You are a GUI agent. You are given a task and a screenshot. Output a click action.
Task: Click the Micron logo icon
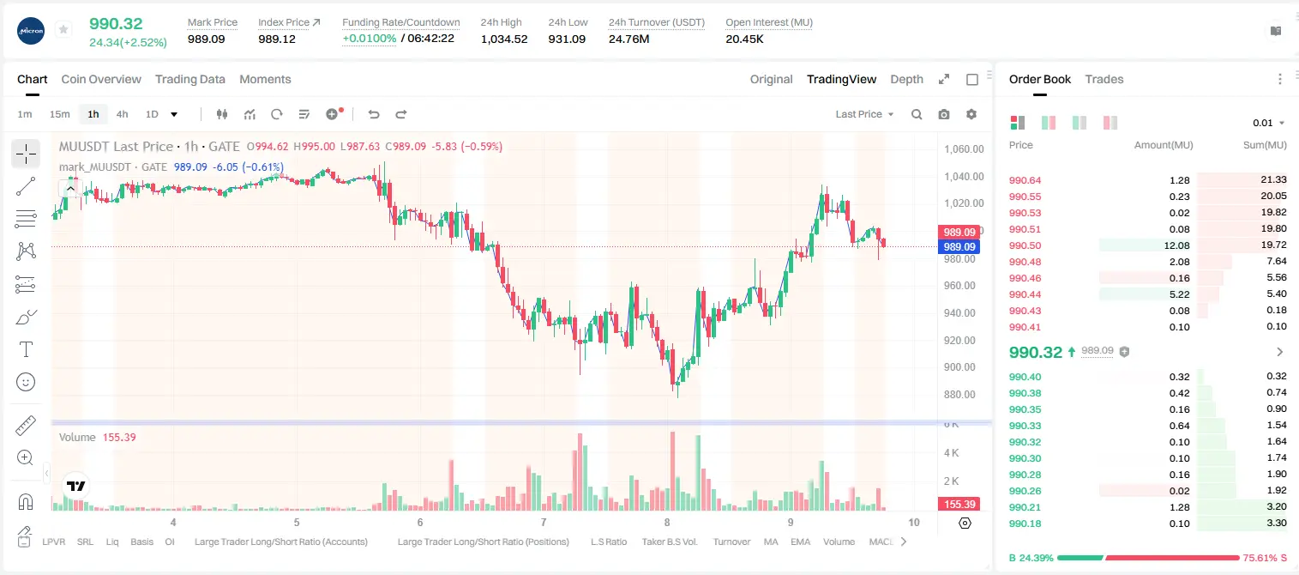point(31,31)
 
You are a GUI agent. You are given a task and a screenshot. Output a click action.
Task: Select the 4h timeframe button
point(122,114)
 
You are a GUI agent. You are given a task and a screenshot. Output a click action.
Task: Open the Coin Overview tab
point(101,79)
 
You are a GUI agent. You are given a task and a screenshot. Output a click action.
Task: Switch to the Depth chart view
point(906,79)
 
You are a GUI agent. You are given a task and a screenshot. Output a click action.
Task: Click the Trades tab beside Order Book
point(1104,79)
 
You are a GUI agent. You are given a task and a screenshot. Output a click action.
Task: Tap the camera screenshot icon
point(944,114)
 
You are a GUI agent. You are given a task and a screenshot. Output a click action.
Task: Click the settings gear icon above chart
point(971,114)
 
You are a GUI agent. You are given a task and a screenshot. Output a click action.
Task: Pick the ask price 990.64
point(1025,180)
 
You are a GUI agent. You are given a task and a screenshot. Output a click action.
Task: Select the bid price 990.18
point(1025,524)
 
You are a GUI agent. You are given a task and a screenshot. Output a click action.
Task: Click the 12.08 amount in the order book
point(1176,245)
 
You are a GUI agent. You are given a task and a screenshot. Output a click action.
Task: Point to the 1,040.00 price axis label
point(964,177)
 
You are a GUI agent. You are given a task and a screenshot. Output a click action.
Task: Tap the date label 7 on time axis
point(544,522)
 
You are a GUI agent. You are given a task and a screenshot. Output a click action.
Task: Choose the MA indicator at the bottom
point(771,542)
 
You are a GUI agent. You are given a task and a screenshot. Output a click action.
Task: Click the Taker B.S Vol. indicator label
point(669,542)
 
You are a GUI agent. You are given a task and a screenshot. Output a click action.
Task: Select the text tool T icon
point(26,349)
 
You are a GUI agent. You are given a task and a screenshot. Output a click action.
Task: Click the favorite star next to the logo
point(63,29)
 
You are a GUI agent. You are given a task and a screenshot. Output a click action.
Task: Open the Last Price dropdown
point(864,114)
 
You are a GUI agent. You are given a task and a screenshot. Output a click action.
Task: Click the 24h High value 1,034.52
point(504,39)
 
